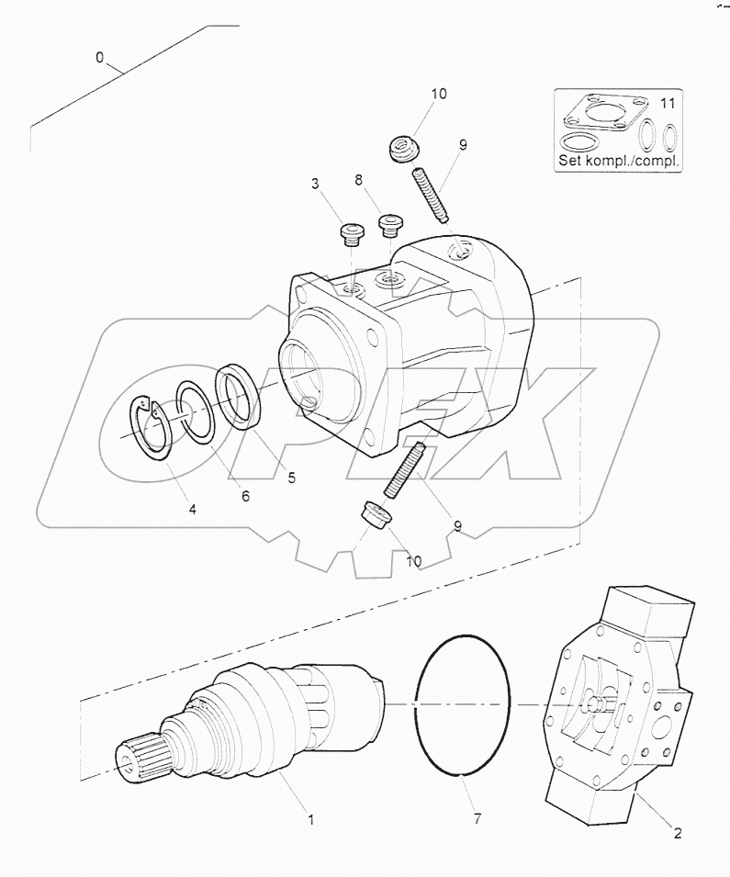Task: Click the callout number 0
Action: point(100,57)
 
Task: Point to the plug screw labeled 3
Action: point(352,234)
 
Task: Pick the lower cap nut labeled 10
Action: point(373,516)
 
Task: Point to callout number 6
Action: point(245,496)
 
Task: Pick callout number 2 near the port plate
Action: point(677,834)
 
